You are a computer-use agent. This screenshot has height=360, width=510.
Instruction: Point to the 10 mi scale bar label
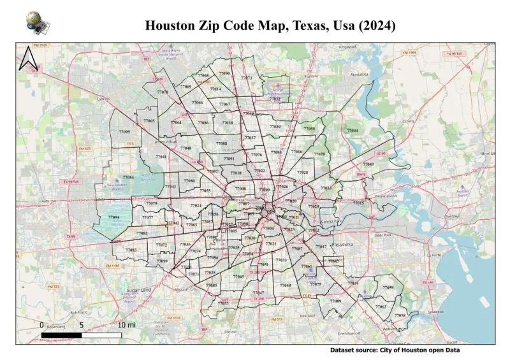pos(126,325)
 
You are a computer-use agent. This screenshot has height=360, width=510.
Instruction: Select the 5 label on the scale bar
pos(82,325)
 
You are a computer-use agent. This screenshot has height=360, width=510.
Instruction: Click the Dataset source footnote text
pos(395,350)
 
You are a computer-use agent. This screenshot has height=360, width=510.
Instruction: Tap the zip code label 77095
pos(124,132)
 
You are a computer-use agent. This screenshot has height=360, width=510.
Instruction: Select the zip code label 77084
pos(128,177)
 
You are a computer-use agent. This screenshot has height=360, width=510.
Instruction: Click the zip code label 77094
pos(113,217)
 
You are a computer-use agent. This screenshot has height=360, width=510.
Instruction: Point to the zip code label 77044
pos(353,131)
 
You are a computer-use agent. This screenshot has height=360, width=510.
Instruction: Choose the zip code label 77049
pos(368,164)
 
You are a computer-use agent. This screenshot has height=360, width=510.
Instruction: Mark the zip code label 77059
pos(388,288)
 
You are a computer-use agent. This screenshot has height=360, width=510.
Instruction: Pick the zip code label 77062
pos(381,306)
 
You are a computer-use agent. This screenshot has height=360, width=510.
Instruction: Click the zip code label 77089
pos(335,301)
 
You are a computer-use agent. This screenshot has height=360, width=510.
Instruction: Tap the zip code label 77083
pos(131,250)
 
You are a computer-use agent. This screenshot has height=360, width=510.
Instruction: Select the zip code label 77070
pos(163,92)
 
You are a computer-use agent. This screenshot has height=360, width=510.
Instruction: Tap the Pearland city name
pos(308,315)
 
